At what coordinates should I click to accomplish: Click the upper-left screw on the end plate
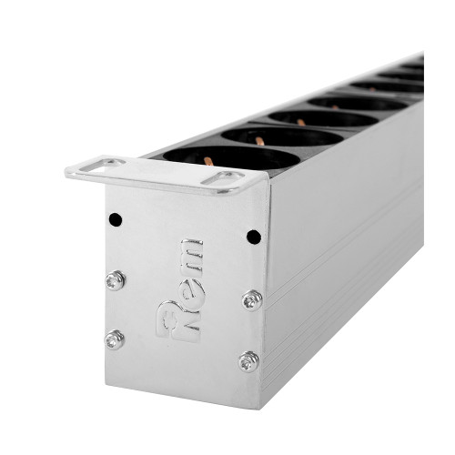tap(115, 280)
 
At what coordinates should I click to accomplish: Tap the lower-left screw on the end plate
tap(115, 339)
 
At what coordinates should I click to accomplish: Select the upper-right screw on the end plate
tap(252, 300)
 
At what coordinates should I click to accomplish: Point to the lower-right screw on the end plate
tap(248, 362)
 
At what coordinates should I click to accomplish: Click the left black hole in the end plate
tap(116, 219)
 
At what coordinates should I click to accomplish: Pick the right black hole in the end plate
tap(254, 237)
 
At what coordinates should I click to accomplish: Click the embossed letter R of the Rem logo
tap(178, 321)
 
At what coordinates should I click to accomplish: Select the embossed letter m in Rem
tap(192, 256)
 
